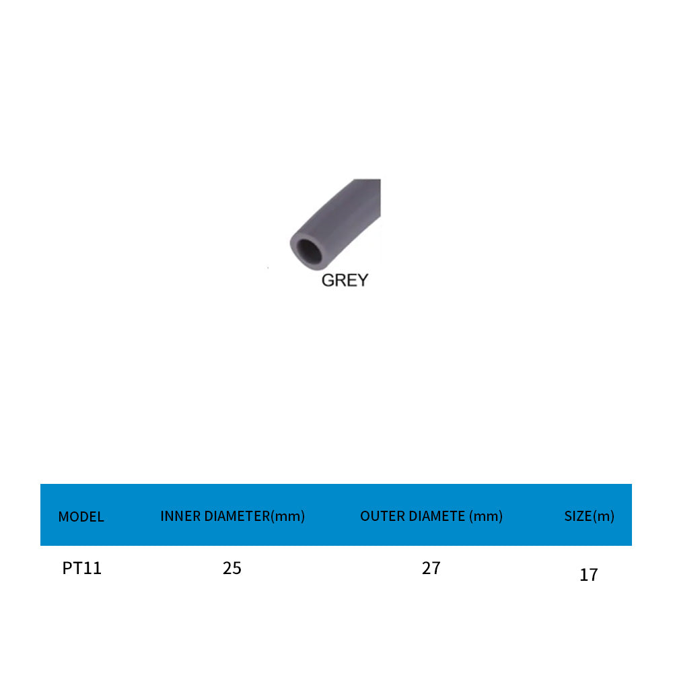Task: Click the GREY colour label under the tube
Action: (x=345, y=280)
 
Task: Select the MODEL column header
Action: (x=81, y=517)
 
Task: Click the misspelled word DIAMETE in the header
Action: (x=432, y=516)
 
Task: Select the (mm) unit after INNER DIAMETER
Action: (x=287, y=516)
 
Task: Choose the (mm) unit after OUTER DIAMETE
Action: (x=486, y=516)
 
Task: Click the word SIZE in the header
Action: (x=577, y=516)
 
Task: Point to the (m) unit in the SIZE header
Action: (x=604, y=516)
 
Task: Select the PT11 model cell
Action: (x=81, y=568)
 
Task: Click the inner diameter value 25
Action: (x=232, y=568)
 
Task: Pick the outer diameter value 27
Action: (x=431, y=568)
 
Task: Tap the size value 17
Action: (x=588, y=575)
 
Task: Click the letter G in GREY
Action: (x=328, y=280)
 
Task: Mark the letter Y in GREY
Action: (x=362, y=280)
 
